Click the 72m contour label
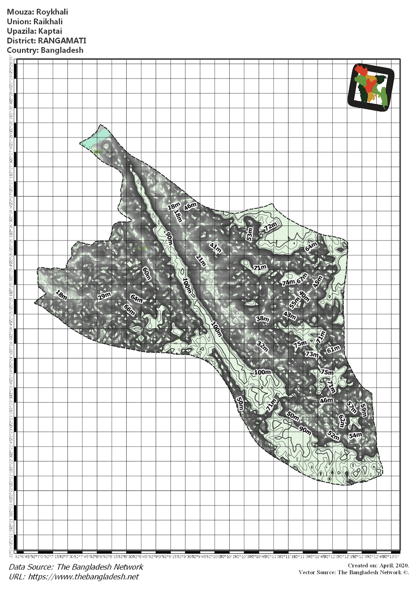(x=270, y=226)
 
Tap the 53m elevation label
(x=250, y=234)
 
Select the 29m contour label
(x=104, y=296)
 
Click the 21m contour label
(x=201, y=260)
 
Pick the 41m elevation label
(x=215, y=247)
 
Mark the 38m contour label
(x=262, y=319)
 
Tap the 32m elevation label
(x=263, y=346)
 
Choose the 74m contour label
(x=288, y=282)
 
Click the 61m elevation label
(x=333, y=349)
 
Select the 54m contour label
(x=355, y=435)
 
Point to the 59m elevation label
(x=363, y=410)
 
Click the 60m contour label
(x=147, y=274)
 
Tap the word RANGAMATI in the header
(x=62, y=41)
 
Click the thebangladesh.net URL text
(x=84, y=576)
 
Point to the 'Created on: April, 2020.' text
(x=378, y=566)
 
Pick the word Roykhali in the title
(x=52, y=12)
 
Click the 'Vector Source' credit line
(x=354, y=572)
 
